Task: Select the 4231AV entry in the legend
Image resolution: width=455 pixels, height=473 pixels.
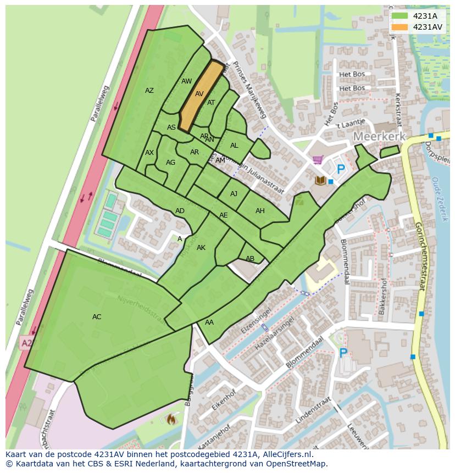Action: tap(428, 27)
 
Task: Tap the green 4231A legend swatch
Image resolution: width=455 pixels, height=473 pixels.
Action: tap(399, 16)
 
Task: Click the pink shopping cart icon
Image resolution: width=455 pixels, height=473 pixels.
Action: tap(317, 160)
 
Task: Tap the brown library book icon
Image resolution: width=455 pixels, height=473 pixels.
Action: tap(320, 180)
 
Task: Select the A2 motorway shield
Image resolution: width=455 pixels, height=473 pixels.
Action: tap(26, 343)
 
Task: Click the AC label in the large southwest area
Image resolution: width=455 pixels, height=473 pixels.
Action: tap(97, 317)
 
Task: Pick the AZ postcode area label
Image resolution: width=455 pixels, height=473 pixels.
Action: tap(149, 91)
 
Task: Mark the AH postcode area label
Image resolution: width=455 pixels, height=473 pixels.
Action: tap(260, 211)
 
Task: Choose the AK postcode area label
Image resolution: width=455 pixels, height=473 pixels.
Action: tap(201, 248)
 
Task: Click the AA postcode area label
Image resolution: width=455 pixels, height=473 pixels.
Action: tap(209, 322)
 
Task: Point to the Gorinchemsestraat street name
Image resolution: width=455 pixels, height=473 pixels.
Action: tap(420, 255)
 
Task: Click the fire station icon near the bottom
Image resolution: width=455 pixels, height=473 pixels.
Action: tap(171, 419)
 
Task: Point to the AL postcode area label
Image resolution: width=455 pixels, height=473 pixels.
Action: tap(234, 146)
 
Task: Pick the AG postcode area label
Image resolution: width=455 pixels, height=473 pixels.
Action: tap(170, 163)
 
